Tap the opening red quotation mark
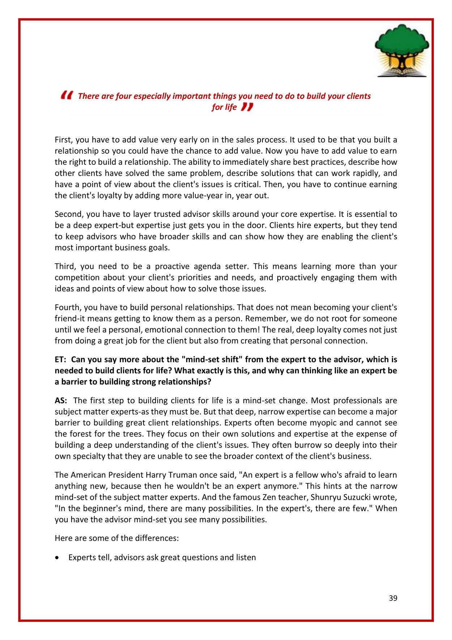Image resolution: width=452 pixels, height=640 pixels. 67,95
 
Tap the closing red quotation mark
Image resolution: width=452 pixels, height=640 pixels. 247,107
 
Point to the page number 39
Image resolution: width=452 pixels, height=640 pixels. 393,598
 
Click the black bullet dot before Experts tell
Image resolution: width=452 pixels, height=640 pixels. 57,558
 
